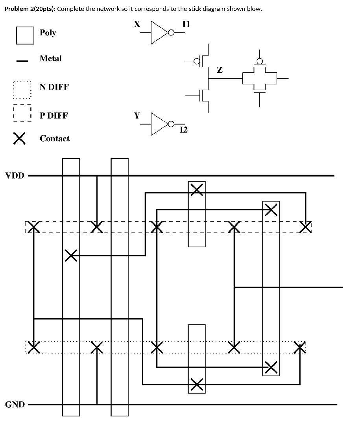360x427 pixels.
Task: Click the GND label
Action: pos(15,404)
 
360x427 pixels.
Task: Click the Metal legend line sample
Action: pos(22,61)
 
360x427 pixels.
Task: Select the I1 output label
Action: pos(186,24)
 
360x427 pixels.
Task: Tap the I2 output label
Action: pos(183,130)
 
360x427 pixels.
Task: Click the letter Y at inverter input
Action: pos(137,116)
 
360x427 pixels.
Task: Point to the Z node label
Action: pos(220,70)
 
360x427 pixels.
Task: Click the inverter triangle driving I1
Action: pos(159,33)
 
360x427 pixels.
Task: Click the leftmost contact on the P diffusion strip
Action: pos(34,226)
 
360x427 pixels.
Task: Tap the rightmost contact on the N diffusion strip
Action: pos(300,347)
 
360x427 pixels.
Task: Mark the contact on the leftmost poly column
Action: pos(71,256)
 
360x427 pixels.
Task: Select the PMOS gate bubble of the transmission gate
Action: pos(260,61)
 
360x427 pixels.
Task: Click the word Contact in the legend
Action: pos(54,138)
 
